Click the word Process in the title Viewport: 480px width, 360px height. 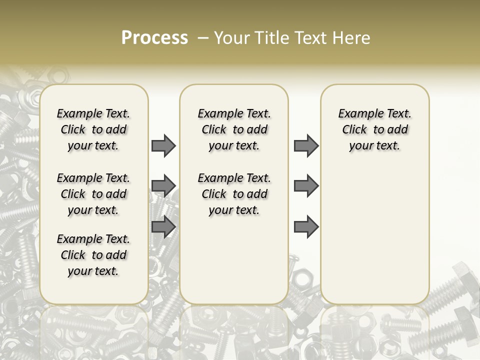coord(154,38)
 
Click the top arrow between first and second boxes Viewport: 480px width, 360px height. coord(163,145)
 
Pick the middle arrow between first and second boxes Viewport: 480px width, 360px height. coord(163,186)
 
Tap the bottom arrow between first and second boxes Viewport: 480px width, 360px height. coord(163,227)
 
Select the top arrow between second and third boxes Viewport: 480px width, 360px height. coord(306,145)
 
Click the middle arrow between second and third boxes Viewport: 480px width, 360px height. coord(306,186)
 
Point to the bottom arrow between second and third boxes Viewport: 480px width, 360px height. coord(306,227)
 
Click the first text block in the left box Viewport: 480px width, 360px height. coord(93,129)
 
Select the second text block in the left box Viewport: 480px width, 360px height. coord(93,194)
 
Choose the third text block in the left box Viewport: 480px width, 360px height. coord(93,255)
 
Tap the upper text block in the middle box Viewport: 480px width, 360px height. coord(234,129)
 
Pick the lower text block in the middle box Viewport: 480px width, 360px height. coord(234,194)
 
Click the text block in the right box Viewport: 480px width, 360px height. coord(374,129)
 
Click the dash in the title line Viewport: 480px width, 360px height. coord(202,38)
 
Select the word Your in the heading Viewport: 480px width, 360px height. coord(230,38)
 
